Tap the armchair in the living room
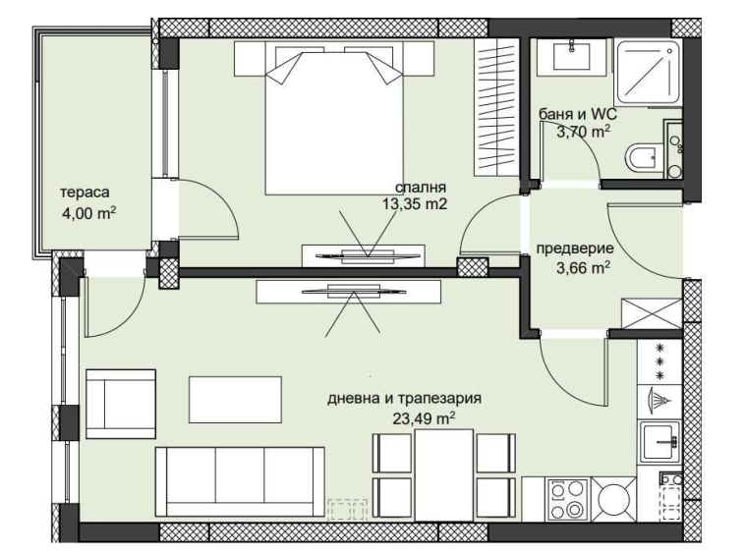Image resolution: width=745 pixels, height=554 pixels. (121, 403)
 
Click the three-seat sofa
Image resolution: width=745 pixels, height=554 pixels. (240, 480)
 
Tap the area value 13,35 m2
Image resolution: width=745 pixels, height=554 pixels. (415, 204)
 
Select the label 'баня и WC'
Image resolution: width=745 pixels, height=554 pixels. (577, 114)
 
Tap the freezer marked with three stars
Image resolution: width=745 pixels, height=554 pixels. (659, 360)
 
